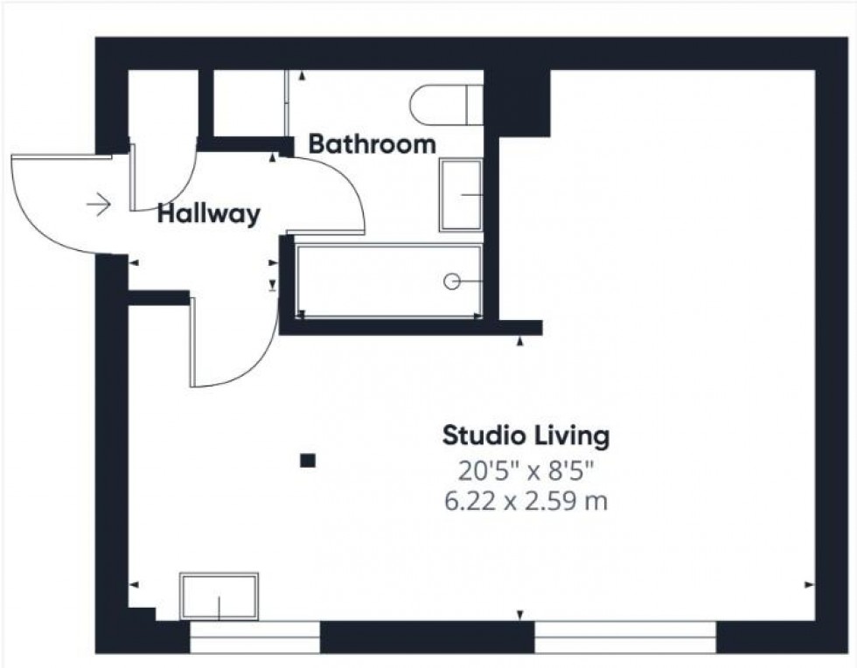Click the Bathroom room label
372,144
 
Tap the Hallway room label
208,214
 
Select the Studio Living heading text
526,435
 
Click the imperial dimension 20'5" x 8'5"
526,470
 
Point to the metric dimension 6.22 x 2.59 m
526,502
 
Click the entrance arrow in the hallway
99,205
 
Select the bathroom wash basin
461,194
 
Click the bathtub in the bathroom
389,281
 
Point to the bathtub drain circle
452,281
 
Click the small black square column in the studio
307,460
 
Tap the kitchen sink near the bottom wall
219,596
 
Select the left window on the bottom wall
254,637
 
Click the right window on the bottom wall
624,637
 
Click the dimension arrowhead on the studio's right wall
809,584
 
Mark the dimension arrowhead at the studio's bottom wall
521,615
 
